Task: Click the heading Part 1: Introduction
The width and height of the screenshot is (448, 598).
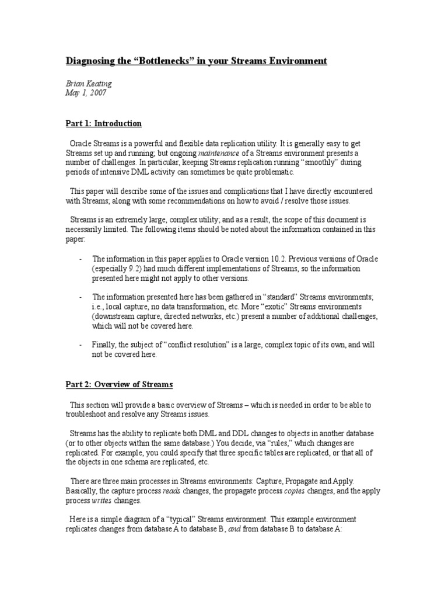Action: point(103,123)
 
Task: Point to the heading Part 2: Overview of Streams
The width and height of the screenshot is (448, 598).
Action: point(118,384)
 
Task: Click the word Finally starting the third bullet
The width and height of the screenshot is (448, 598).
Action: point(106,345)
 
